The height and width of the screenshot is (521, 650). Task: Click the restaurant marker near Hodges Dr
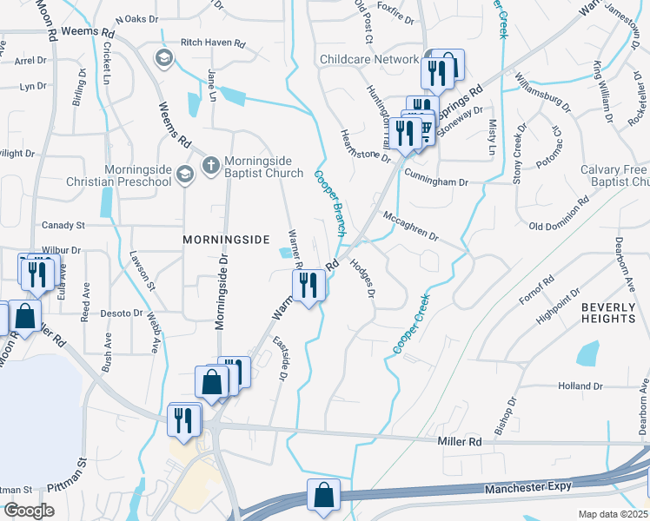point(309,284)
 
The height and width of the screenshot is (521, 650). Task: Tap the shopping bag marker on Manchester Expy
point(323,496)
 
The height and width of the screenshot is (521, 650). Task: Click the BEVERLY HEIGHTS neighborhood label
point(608,313)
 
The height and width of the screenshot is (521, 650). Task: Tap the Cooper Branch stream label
point(328,205)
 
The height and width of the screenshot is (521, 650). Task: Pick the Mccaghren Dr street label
point(410,225)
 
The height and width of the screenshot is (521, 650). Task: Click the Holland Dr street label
point(581,386)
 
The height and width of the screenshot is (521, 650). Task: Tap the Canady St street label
point(63,225)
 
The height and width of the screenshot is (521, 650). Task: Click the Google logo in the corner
point(29,511)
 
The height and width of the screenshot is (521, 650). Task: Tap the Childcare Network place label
point(369,59)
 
